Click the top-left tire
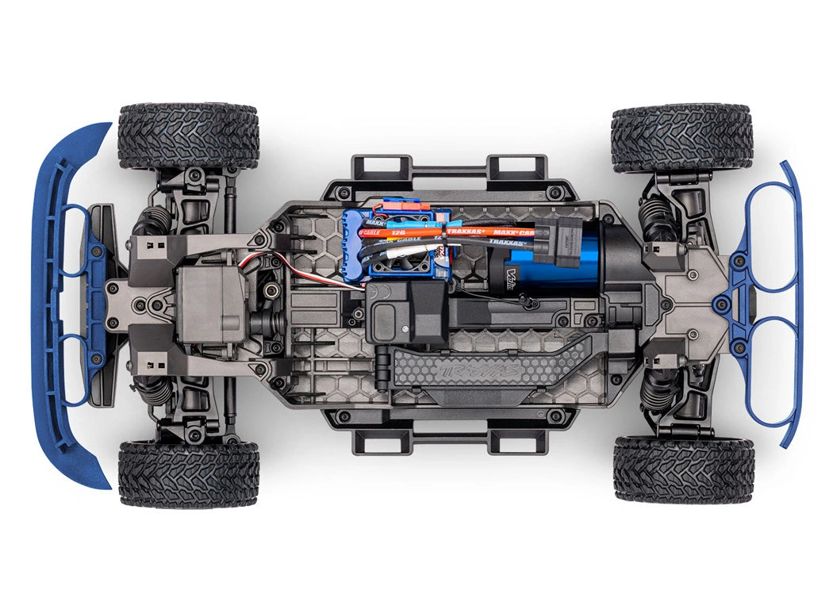tap(188, 136)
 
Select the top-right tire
tap(681, 137)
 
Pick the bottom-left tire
tap(188, 473)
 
